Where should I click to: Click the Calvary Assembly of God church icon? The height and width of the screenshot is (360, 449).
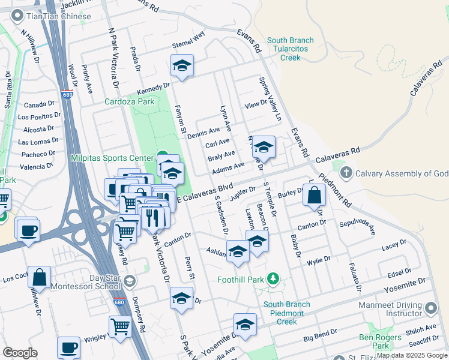(346, 173)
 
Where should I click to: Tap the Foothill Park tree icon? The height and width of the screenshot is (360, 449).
(273, 279)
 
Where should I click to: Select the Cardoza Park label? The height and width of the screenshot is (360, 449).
(129, 101)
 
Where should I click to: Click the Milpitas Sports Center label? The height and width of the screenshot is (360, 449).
(112, 158)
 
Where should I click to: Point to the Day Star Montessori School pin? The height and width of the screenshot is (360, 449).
(129, 281)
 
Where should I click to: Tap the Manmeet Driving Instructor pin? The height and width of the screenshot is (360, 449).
(430, 308)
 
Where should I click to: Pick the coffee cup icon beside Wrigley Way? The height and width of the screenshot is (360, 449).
(68, 347)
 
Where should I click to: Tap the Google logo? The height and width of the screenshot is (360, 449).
(20, 353)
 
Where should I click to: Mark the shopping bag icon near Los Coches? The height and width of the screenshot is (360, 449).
(39, 277)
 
